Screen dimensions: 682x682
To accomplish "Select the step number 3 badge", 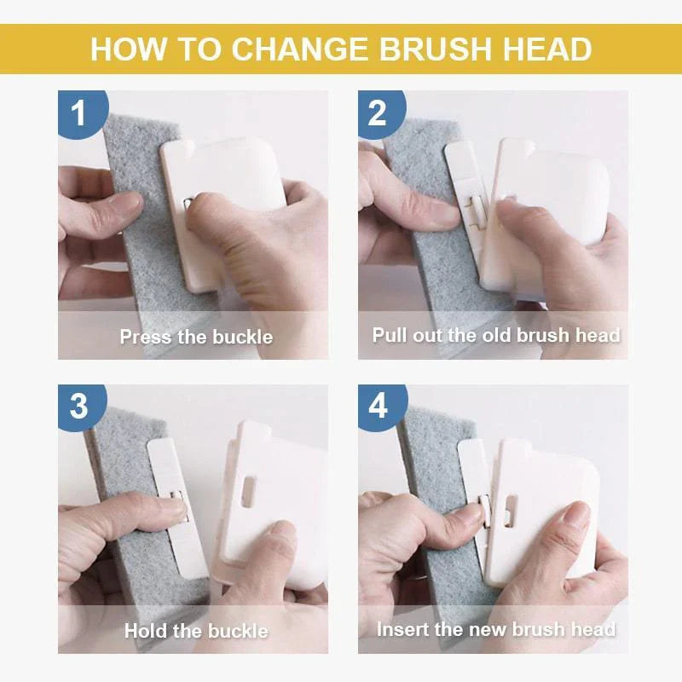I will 79,405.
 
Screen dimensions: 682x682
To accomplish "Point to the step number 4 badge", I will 379,405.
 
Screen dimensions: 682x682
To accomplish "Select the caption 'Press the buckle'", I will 196,337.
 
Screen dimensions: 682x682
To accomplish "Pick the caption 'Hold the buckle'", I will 196,631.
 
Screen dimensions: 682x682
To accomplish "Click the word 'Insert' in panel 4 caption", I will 402,629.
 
